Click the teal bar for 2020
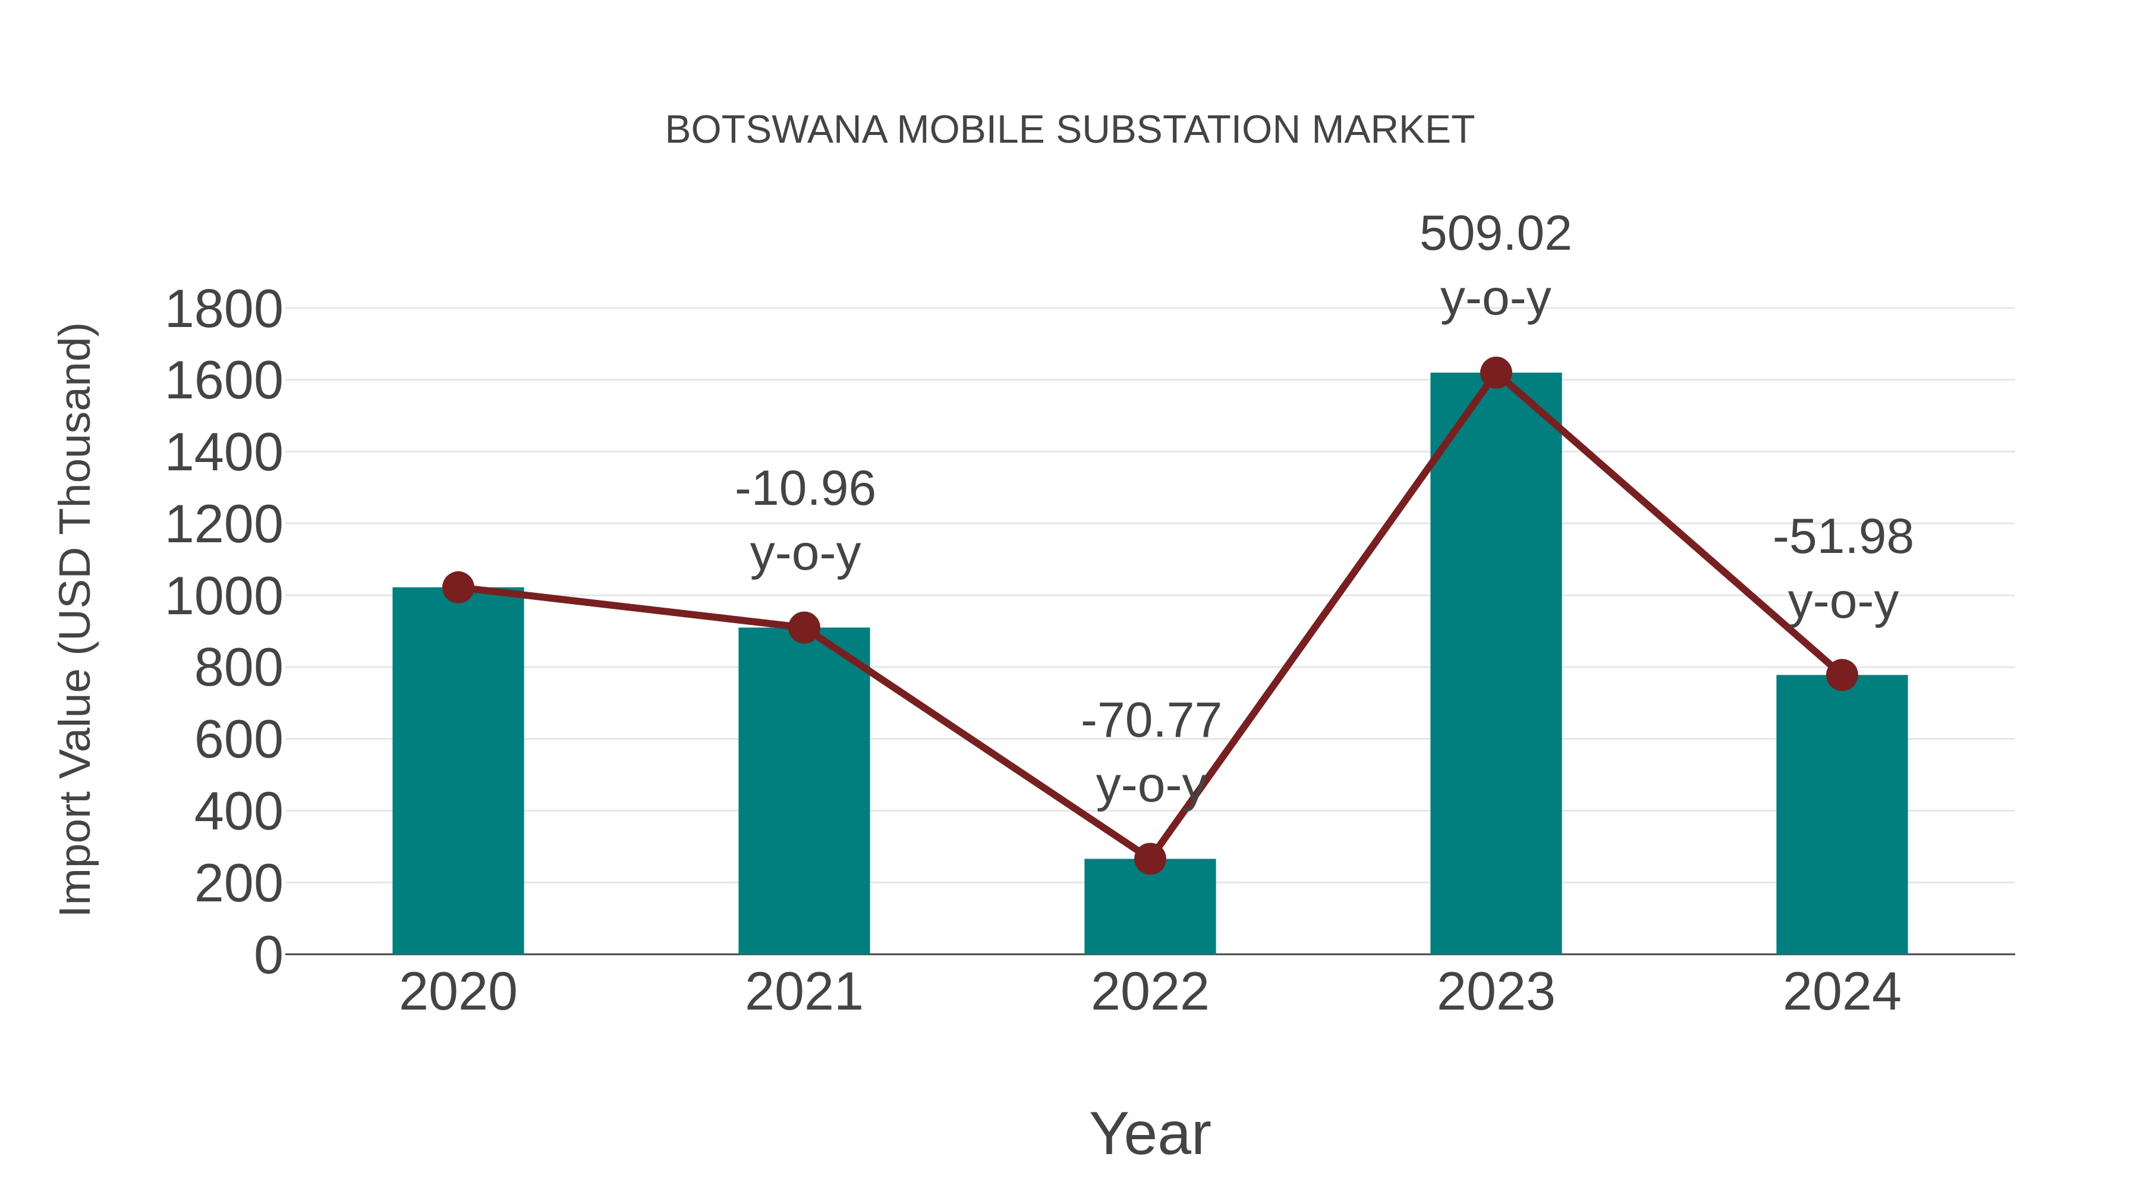click(x=458, y=773)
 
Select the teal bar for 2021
click(x=803, y=794)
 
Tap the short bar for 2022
click(x=1150, y=910)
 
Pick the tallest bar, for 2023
click(x=1496, y=665)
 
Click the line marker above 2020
click(x=458, y=587)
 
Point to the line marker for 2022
click(x=1150, y=859)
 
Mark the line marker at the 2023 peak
click(x=1496, y=373)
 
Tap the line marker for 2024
click(x=1842, y=675)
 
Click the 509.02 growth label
click(x=1496, y=234)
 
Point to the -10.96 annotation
click(x=805, y=489)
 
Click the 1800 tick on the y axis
click(x=224, y=310)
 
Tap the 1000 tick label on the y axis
click(x=224, y=596)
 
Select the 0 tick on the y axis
click(x=267, y=955)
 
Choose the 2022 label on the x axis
click(x=1150, y=992)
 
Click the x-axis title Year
click(x=1150, y=1133)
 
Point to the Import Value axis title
click(x=75, y=619)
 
